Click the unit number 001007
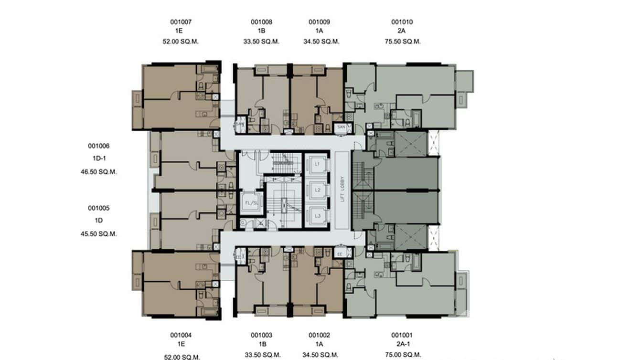tap(181, 22)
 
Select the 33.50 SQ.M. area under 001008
tap(261, 42)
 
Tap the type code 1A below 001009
tap(319, 32)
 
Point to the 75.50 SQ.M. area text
tap(402, 42)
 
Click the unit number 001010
tap(402, 22)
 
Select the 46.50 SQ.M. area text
tap(98, 172)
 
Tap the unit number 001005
tap(98, 208)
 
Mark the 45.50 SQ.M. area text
tap(98, 234)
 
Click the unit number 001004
tap(181, 336)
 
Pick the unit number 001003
tap(261, 336)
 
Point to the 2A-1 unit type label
tap(402, 345)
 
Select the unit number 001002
tap(319, 336)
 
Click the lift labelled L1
tap(317, 164)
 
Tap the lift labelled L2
tap(317, 190)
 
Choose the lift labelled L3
tap(317, 216)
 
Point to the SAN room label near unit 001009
tap(341, 127)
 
